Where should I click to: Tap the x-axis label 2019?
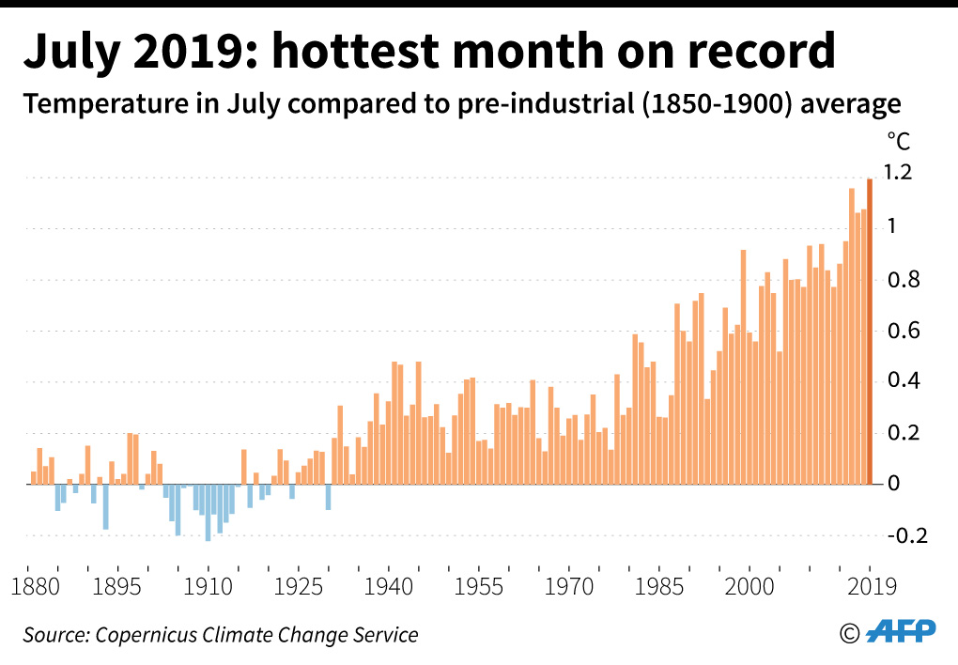click(868, 586)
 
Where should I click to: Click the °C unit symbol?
click(898, 142)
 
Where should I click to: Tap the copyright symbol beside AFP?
click(850, 633)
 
